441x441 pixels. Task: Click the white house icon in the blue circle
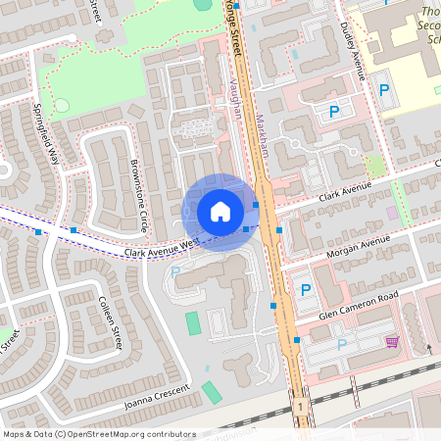(220, 212)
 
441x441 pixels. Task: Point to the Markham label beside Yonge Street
(262, 136)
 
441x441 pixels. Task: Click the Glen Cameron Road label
(361, 307)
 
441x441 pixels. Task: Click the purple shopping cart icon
(392, 342)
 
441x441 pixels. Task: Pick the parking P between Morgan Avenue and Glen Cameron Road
(305, 290)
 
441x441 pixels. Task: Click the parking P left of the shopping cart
(341, 344)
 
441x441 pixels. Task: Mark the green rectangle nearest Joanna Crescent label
(212, 392)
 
